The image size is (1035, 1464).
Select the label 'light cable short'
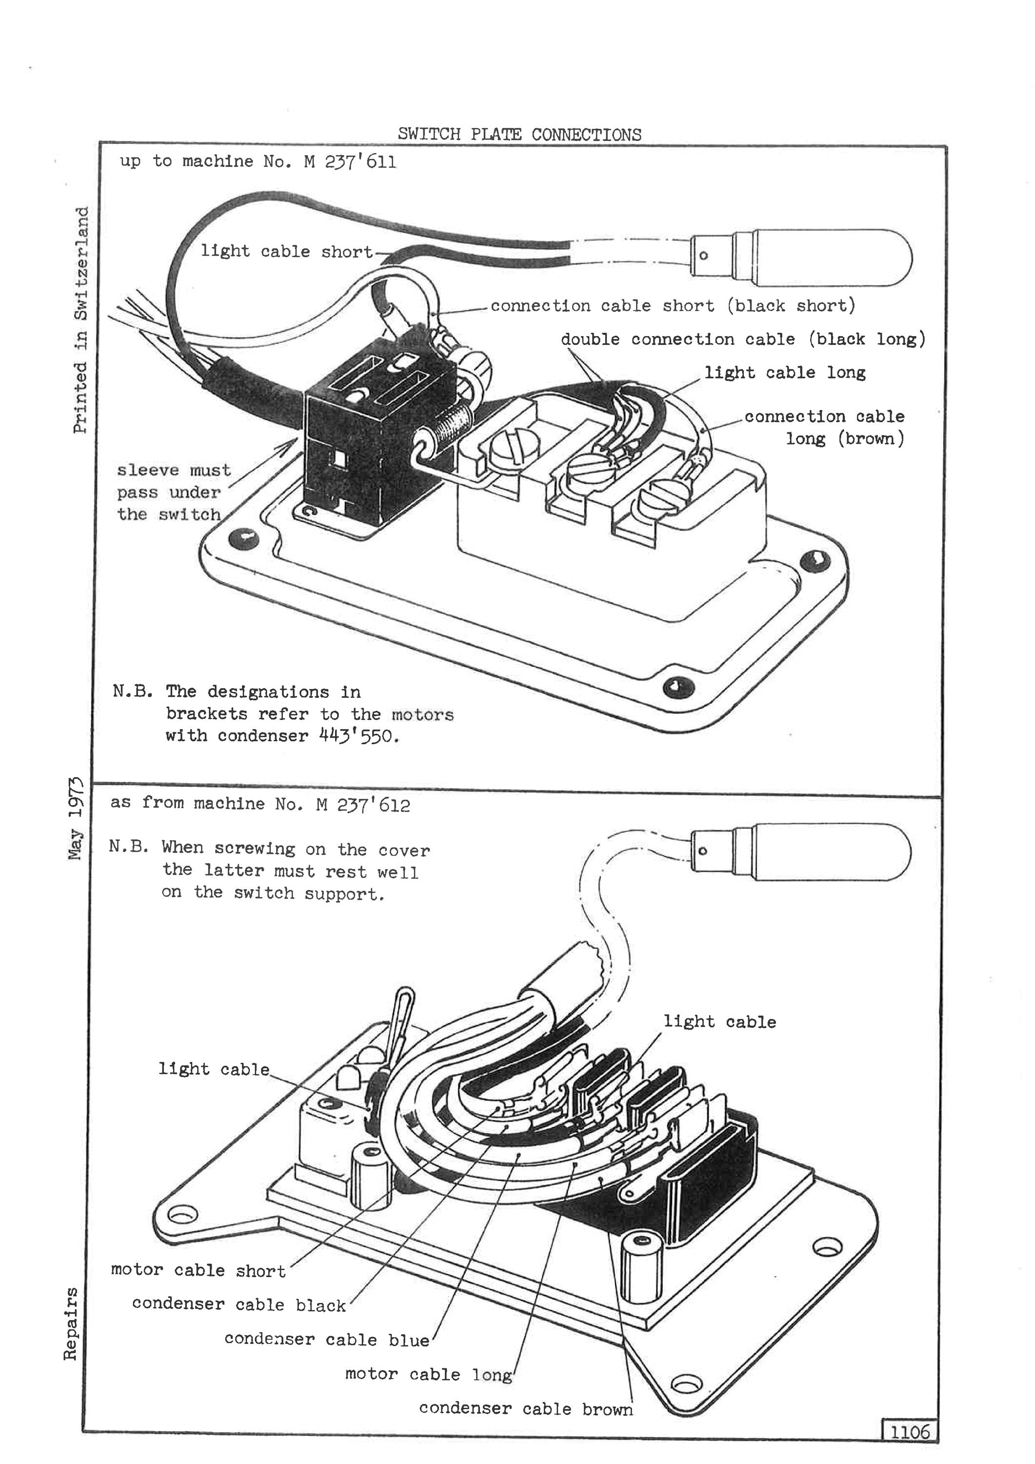click(287, 251)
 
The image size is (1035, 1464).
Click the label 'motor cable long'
click(428, 1374)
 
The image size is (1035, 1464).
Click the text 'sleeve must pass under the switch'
click(169, 492)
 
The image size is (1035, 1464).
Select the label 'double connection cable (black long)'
click(742, 339)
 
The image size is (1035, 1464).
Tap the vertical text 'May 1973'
click(77, 818)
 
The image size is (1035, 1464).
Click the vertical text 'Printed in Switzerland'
click(80, 320)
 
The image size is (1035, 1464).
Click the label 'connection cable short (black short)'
click(673, 306)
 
